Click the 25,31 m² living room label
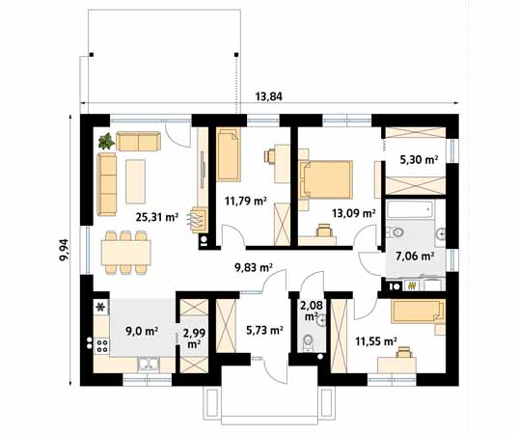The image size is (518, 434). pyautogui.click(x=157, y=217)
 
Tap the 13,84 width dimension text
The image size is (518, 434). pyautogui.click(x=268, y=96)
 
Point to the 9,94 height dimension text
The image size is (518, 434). pyautogui.click(x=64, y=250)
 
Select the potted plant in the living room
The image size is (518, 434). pyautogui.click(x=106, y=141)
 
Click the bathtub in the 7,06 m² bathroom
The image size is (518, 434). pyautogui.click(x=410, y=208)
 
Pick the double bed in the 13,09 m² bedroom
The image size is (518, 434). pyautogui.click(x=326, y=179)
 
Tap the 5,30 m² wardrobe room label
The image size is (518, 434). pyautogui.click(x=420, y=160)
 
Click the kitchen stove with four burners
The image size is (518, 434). pyautogui.click(x=101, y=346)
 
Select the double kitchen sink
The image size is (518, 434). pyautogui.click(x=149, y=364)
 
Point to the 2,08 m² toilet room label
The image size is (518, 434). pyautogui.click(x=312, y=311)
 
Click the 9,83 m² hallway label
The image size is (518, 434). pyautogui.click(x=254, y=267)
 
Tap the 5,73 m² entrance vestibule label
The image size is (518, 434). pyautogui.click(x=264, y=330)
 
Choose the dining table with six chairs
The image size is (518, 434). pyautogui.click(x=125, y=253)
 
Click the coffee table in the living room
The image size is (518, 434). pyautogui.click(x=135, y=181)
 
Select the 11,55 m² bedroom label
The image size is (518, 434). pyautogui.click(x=376, y=340)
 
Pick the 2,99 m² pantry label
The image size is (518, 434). pyautogui.click(x=194, y=338)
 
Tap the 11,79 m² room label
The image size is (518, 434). pyautogui.click(x=245, y=201)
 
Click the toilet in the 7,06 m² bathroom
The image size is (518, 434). pyautogui.click(x=395, y=232)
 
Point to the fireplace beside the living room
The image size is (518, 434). pyautogui.click(x=199, y=221)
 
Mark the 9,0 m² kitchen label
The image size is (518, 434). pyautogui.click(x=142, y=330)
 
